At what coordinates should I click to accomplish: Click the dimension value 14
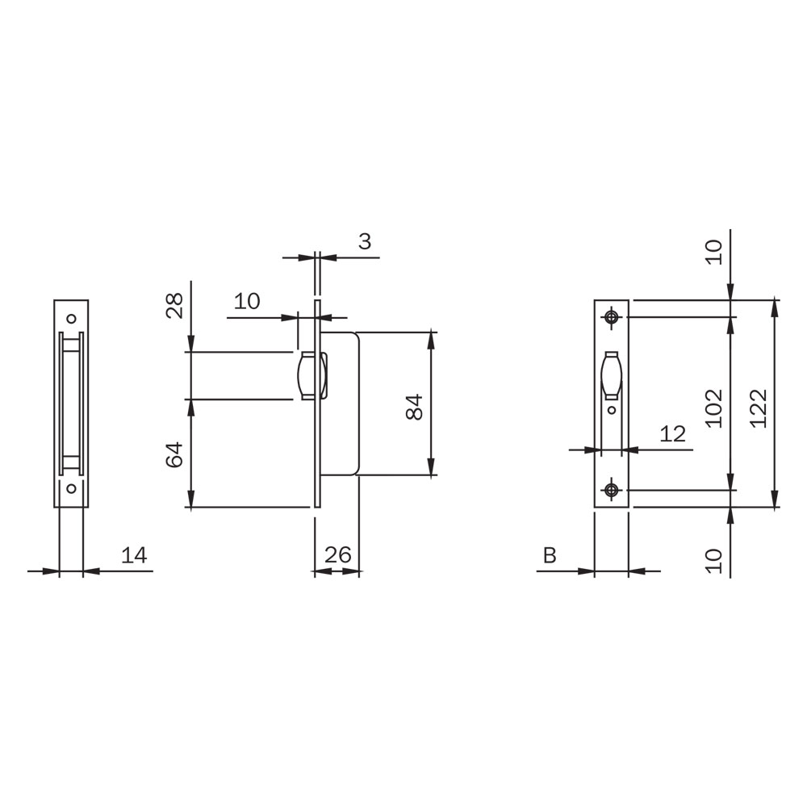click(x=134, y=556)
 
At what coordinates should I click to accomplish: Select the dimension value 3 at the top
click(x=365, y=241)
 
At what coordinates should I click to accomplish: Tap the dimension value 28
click(x=175, y=306)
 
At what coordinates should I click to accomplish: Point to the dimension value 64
click(x=175, y=454)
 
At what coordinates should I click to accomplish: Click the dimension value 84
click(x=414, y=407)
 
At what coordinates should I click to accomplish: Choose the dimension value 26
click(x=337, y=555)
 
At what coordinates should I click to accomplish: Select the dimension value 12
click(x=673, y=434)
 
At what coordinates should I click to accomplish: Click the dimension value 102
click(x=714, y=408)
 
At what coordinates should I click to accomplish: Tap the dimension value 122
click(x=759, y=408)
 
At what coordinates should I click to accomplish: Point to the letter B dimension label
click(x=550, y=556)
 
